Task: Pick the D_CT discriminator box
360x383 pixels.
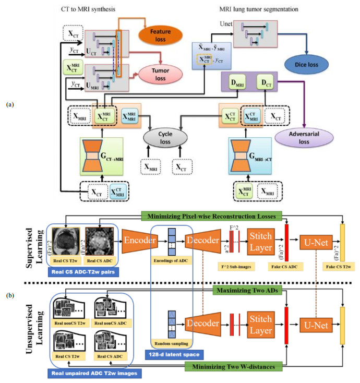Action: click(267, 81)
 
